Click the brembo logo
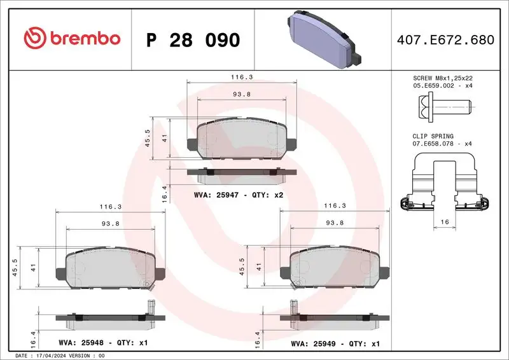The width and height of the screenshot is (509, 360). click(71, 38)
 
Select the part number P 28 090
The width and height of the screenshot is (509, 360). click(193, 39)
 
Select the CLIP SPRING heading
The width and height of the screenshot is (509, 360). click(432, 136)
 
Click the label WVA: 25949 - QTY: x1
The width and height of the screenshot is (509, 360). click(335, 343)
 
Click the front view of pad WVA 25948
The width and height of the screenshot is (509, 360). click(111, 267)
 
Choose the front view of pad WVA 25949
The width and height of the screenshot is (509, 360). click(335, 267)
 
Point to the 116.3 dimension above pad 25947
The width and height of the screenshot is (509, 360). click(242, 76)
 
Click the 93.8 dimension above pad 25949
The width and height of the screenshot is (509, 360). click(335, 223)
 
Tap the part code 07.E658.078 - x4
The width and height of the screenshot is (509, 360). click(442, 144)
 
